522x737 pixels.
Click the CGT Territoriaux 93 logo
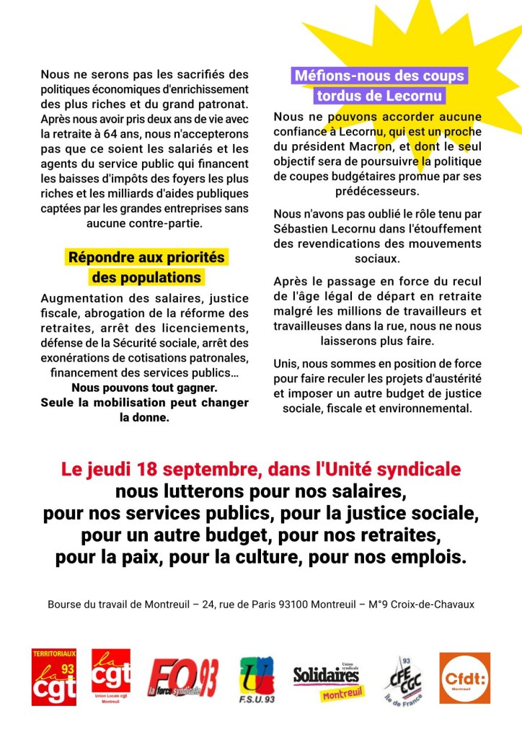coord(53,676)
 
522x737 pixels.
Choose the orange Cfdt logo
coord(464,678)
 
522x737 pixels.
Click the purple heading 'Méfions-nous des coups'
coord(379,76)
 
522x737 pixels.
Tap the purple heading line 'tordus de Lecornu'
coord(379,96)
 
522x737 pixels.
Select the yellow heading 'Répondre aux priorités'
coord(146,257)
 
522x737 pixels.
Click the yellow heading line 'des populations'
coord(146,277)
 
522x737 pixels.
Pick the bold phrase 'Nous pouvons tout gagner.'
coord(144,388)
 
